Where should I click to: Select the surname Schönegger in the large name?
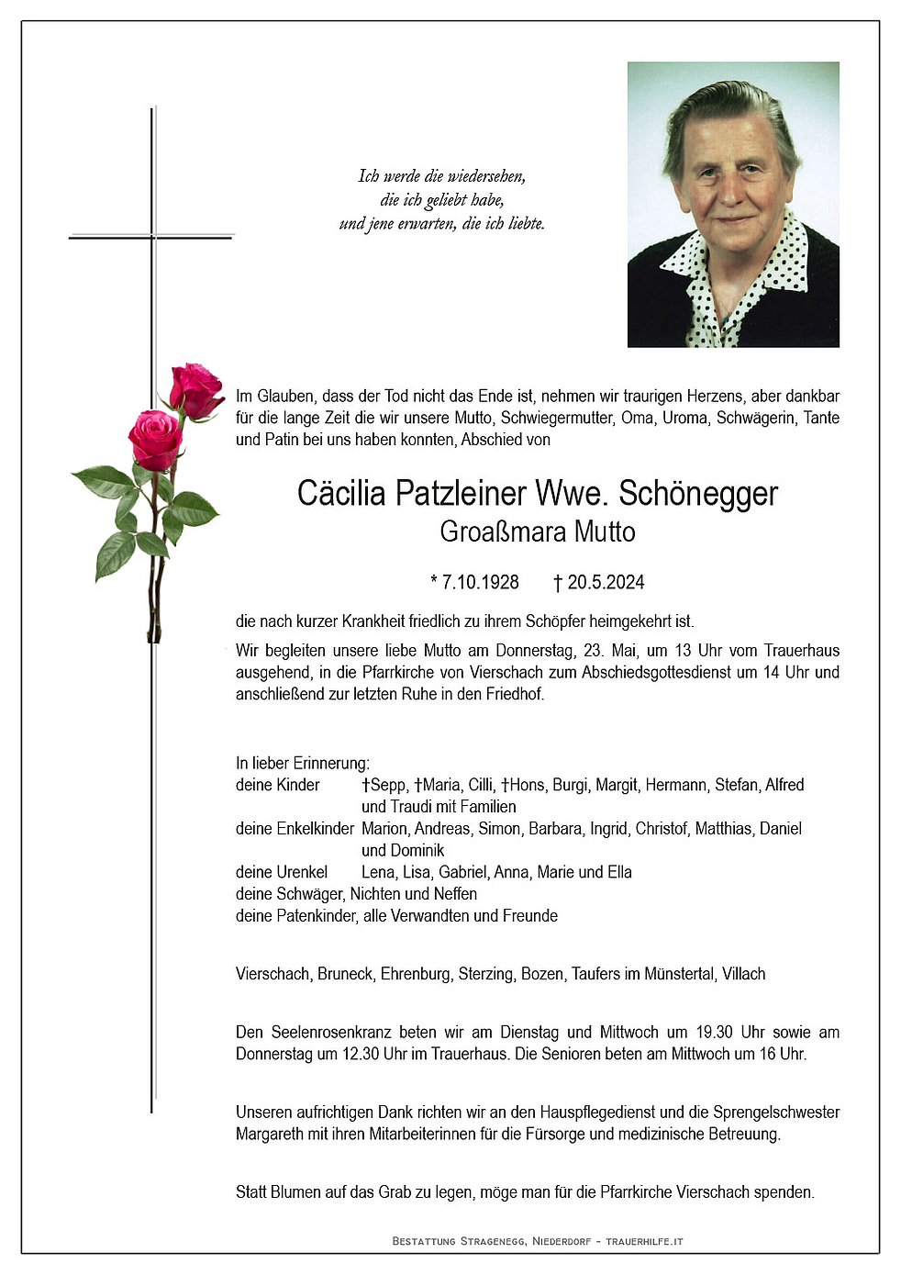pyautogui.click(x=698, y=494)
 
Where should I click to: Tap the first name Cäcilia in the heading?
pyautogui.click(x=341, y=494)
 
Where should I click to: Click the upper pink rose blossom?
pyautogui.click(x=195, y=389)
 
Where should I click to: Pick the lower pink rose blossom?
pyautogui.click(x=155, y=438)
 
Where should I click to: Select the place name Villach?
pyautogui.click(x=743, y=974)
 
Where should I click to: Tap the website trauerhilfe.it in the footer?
pyautogui.click(x=645, y=1242)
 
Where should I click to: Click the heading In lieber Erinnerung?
pyautogui.click(x=303, y=763)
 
